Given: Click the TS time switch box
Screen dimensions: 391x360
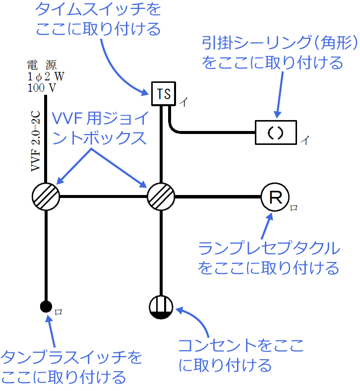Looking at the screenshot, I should click(164, 94).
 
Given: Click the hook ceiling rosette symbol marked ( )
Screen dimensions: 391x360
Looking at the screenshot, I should click(276, 132).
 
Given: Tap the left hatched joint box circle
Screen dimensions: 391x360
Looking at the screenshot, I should click(46, 196).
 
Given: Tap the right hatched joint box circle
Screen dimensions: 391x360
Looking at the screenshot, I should click(161, 196).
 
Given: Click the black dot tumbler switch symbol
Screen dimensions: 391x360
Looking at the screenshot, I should click(46, 306).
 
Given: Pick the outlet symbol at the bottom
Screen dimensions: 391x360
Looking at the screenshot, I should click(161, 307).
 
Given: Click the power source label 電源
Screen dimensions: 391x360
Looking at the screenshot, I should click(42, 65).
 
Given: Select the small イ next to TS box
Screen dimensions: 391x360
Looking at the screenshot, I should click(183, 103).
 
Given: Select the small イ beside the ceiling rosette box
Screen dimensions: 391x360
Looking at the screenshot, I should click(304, 140).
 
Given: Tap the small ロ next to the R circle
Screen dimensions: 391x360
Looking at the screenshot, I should click(294, 208).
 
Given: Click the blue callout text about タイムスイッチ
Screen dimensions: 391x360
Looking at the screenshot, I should click(98, 19).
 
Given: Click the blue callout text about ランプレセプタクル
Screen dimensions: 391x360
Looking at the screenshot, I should click(269, 258).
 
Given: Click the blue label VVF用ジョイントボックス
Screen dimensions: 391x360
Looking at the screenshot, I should click(99, 128).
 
